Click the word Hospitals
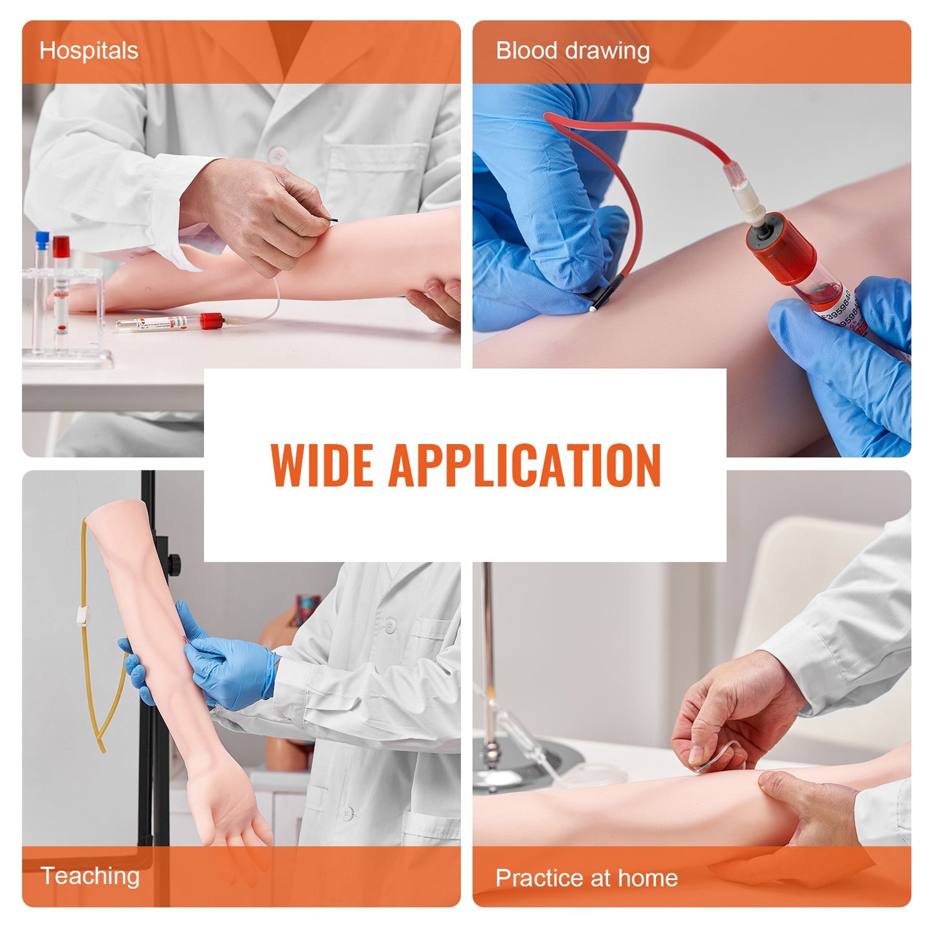(89, 51)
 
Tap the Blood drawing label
(572, 51)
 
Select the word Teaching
(90, 876)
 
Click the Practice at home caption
(586, 878)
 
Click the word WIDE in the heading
(322, 465)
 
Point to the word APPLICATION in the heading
(524, 465)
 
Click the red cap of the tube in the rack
(61, 246)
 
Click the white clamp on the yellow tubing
(80, 617)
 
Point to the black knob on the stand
(174, 565)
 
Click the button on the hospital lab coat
(278, 154)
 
